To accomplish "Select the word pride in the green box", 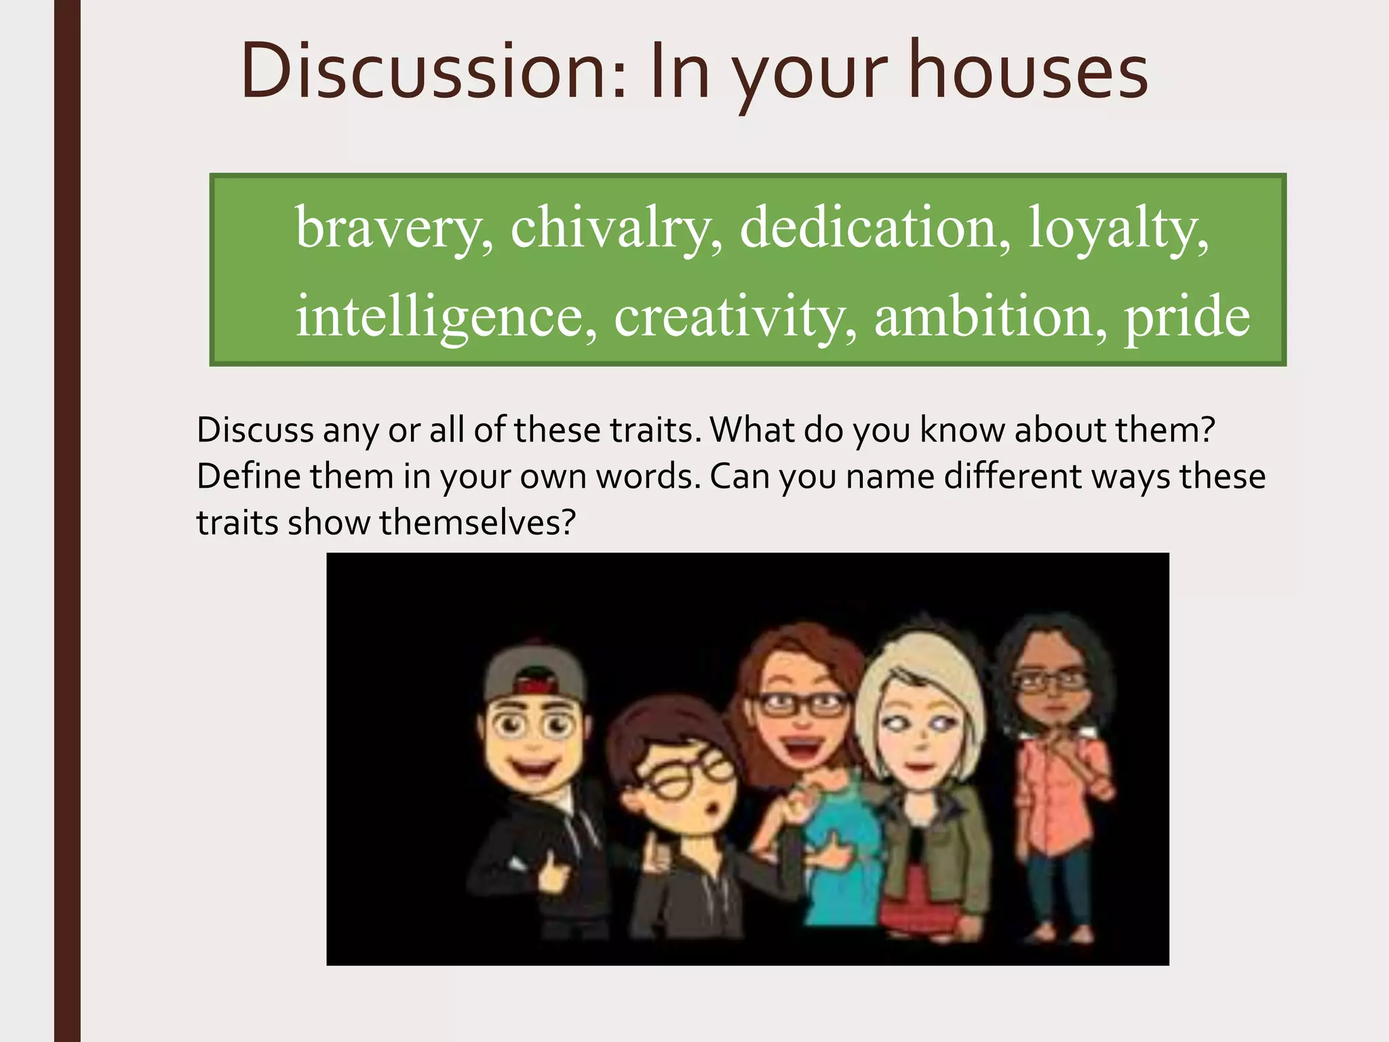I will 1187,317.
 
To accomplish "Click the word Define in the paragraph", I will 248,476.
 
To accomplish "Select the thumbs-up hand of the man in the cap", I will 553,875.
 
